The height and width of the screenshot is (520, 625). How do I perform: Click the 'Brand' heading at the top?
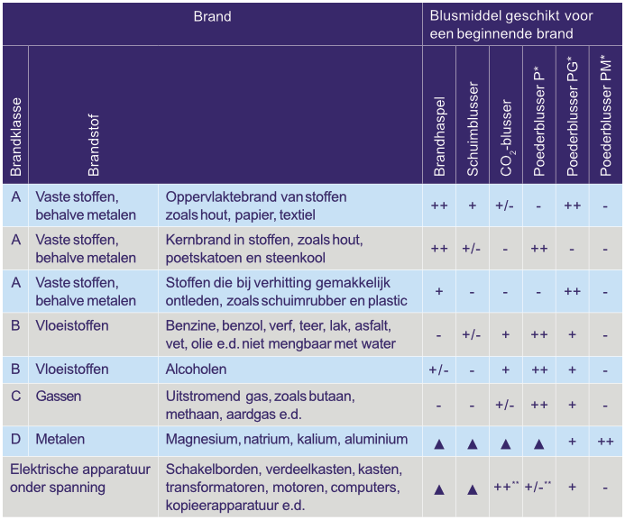pyautogui.click(x=212, y=16)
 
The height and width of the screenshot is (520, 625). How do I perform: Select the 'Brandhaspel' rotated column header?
pyautogui.click(x=439, y=135)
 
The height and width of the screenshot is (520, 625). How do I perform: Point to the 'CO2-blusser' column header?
pyautogui.click(x=506, y=135)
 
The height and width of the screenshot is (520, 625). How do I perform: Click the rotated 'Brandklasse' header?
pyautogui.click(x=15, y=136)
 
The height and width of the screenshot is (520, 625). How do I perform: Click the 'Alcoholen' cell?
pyautogui.click(x=196, y=369)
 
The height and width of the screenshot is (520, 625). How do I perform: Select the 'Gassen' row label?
pyautogui.click(x=58, y=397)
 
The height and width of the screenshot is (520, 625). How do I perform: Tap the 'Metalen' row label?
pyautogui.click(x=60, y=439)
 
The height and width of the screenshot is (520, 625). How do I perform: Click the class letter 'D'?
pyautogui.click(x=15, y=439)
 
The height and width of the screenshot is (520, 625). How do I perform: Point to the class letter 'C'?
pyautogui.click(x=15, y=397)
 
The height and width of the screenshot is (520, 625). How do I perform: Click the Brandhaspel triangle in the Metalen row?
pyautogui.click(x=439, y=442)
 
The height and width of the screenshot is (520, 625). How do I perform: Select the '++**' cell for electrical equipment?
pyautogui.click(x=505, y=487)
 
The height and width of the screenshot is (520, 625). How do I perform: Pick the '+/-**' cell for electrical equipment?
pyautogui.click(x=539, y=487)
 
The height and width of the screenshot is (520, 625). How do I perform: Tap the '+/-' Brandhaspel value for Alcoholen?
pyautogui.click(x=439, y=370)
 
